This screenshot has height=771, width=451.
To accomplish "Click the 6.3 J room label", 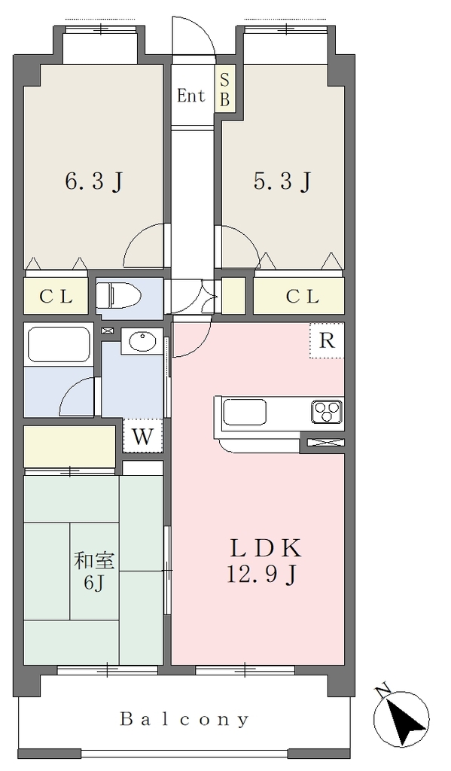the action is click(x=93, y=182).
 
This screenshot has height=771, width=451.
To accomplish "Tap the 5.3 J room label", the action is click(x=282, y=182).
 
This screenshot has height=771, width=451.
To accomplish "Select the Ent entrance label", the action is click(x=190, y=96).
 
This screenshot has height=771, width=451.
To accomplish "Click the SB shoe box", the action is click(x=225, y=90).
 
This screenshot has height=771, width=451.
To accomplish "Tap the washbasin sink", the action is click(x=143, y=341).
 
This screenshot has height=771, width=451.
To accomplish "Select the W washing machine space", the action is click(x=142, y=436).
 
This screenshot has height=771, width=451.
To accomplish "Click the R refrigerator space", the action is click(x=327, y=340).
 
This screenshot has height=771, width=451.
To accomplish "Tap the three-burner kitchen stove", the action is click(x=327, y=412).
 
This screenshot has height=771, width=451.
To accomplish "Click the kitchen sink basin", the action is click(x=245, y=412).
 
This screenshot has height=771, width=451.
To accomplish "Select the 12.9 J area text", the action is click(x=261, y=574).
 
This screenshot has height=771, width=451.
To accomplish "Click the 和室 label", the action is click(x=94, y=560).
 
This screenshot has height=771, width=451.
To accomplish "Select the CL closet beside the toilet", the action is click(x=56, y=297).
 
